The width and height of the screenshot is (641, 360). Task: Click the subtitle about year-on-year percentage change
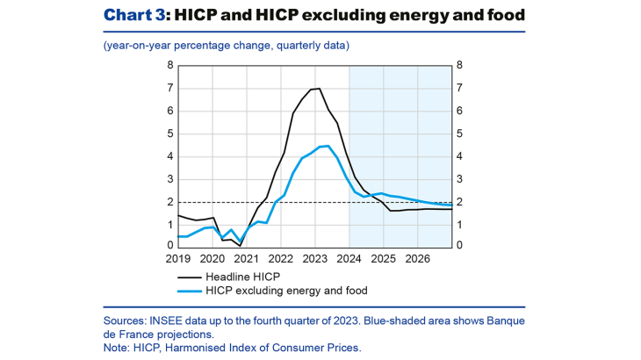click(x=226, y=45)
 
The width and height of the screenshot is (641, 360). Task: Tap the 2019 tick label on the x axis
click(x=177, y=260)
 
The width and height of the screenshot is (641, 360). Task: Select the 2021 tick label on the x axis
click(x=246, y=260)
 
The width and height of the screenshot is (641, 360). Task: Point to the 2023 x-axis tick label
click(x=314, y=260)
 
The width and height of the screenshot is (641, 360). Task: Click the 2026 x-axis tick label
click(x=417, y=260)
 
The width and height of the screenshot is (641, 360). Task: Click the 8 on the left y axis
click(x=170, y=66)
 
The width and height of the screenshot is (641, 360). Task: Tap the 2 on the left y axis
click(x=170, y=202)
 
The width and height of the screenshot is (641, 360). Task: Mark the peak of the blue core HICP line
click(x=327, y=146)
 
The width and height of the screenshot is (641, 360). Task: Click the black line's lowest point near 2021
click(x=241, y=245)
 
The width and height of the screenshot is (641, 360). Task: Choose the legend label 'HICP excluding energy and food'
click(x=286, y=289)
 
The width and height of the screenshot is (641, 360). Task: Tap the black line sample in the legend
click(x=188, y=276)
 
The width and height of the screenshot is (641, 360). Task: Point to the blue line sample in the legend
click(x=188, y=289)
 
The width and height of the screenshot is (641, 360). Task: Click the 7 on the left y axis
click(x=170, y=89)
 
